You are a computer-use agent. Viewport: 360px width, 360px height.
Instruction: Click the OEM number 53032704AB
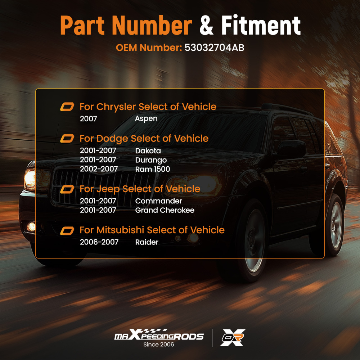click(x=214, y=48)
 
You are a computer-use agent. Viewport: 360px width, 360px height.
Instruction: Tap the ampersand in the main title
click(x=206, y=25)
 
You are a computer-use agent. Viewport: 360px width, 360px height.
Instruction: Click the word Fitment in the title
click(x=261, y=25)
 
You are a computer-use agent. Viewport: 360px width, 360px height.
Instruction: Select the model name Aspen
click(x=146, y=119)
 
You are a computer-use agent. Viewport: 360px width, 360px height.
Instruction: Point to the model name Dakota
click(x=148, y=150)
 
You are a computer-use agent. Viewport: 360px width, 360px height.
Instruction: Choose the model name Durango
click(x=151, y=160)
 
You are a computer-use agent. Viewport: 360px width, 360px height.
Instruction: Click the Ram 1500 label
click(x=152, y=169)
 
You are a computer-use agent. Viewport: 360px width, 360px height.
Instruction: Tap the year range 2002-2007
click(x=99, y=169)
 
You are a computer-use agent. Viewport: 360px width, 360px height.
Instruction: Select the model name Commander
click(x=158, y=201)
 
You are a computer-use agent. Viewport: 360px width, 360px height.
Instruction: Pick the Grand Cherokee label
click(x=165, y=210)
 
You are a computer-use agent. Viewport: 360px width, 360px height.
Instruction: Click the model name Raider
click(x=147, y=242)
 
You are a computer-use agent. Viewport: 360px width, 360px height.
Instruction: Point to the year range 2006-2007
click(x=99, y=242)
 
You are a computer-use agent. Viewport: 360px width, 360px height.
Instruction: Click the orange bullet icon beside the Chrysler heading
click(x=67, y=107)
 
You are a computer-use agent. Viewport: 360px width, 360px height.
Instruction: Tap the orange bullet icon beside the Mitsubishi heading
click(x=67, y=231)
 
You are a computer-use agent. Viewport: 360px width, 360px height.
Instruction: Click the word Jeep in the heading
click(x=108, y=189)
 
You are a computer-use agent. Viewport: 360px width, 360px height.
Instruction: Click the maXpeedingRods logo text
click(x=159, y=335)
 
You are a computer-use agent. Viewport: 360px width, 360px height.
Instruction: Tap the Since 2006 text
click(x=159, y=345)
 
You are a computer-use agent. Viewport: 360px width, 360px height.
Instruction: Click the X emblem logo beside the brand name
click(x=233, y=338)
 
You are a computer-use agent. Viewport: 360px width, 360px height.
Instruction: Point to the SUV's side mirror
click(x=292, y=149)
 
